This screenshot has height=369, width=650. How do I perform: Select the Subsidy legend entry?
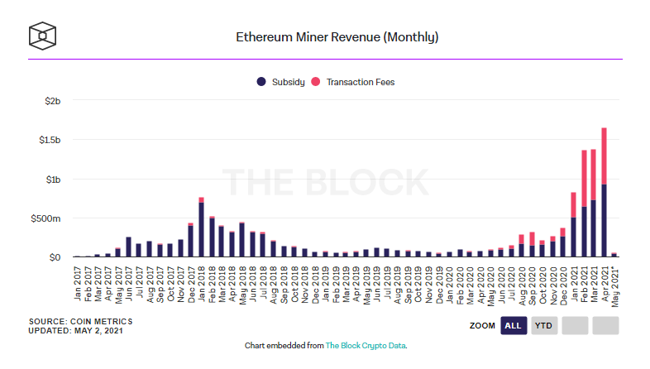pyautogui.click(x=281, y=82)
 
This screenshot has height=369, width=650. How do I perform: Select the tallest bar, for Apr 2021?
pyautogui.click(x=604, y=199)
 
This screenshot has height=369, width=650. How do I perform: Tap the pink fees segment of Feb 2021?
pyautogui.click(x=584, y=178)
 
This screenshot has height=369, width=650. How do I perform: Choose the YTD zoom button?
pyautogui.click(x=543, y=325)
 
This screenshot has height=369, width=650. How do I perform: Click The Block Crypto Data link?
pyautogui.click(x=366, y=345)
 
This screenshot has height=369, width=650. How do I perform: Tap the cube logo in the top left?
pyautogui.click(x=43, y=36)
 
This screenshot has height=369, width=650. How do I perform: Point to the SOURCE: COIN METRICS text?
pyautogui.click(x=80, y=321)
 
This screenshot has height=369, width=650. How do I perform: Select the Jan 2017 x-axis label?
pyautogui.click(x=77, y=280)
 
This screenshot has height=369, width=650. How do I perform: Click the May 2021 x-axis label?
pyautogui.click(x=614, y=280)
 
